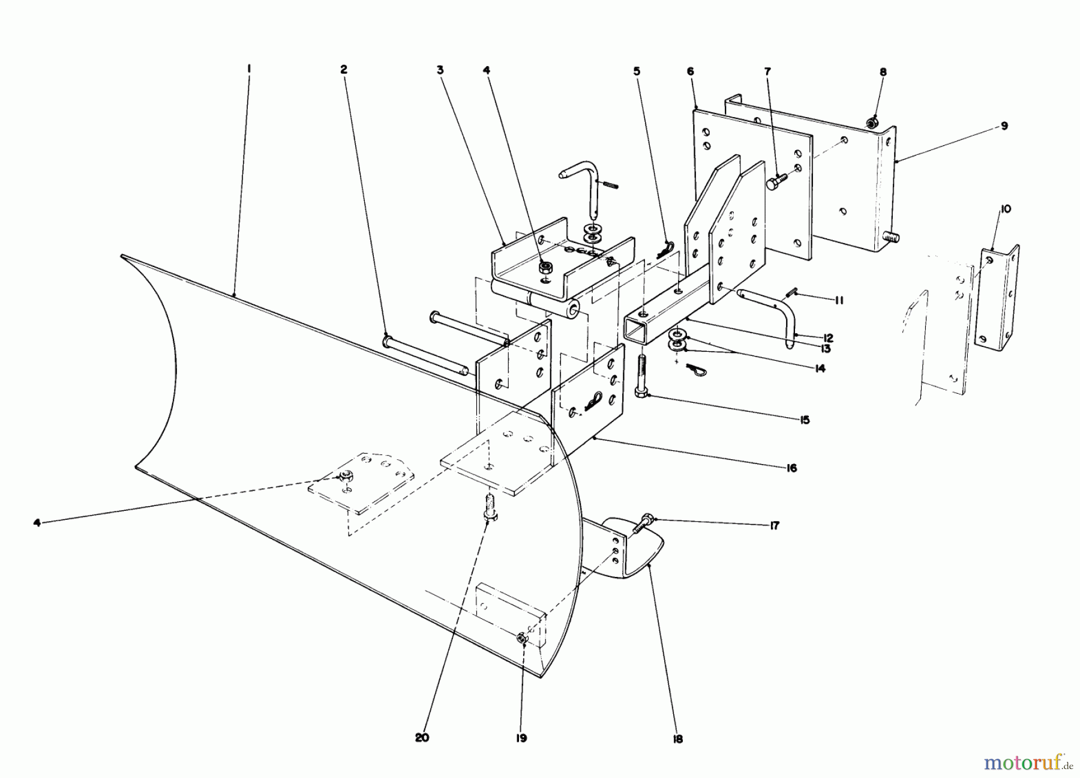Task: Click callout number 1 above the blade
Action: tap(249, 70)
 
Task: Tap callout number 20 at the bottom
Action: tap(422, 738)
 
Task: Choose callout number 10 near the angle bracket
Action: tap(1005, 209)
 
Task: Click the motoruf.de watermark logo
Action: tap(1027, 763)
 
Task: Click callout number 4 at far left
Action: tap(37, 523)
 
